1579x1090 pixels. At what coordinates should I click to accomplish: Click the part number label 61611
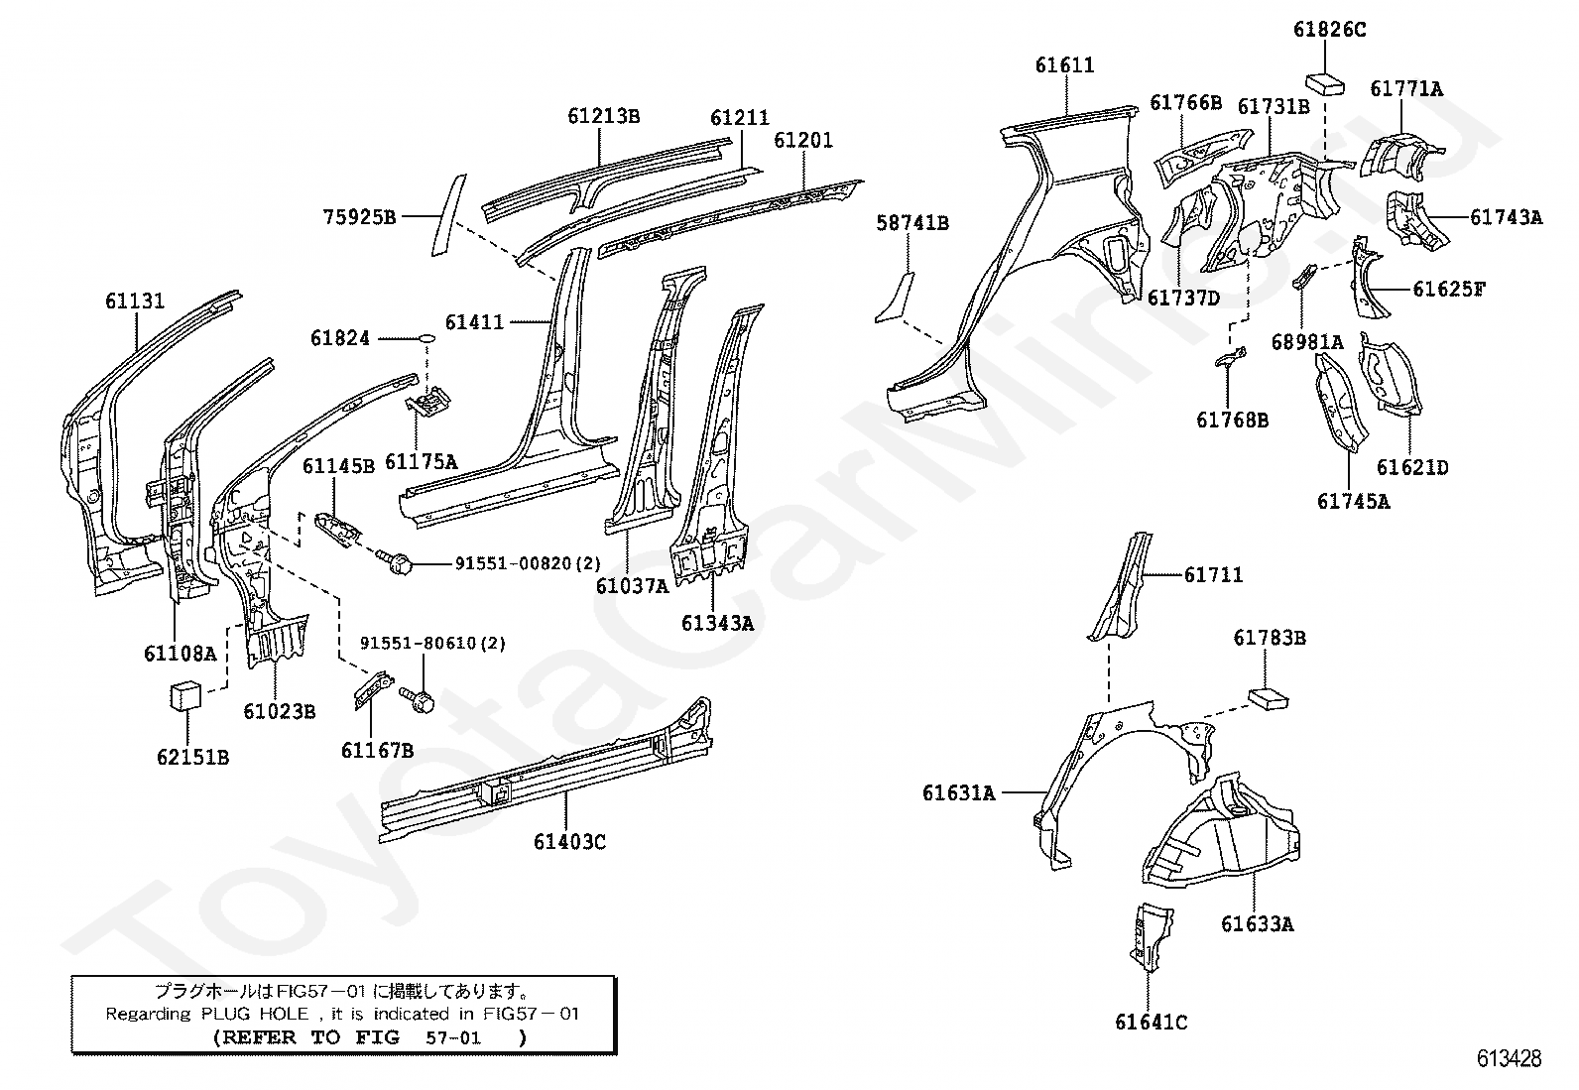tap(1064, 65)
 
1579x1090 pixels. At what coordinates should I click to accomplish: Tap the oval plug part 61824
tap(425, 339)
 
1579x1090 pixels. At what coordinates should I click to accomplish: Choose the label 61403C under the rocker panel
tap(569, 842)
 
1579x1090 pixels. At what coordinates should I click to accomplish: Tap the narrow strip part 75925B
tap(447, 215)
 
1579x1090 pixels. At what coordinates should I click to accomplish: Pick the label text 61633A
tap(1257, 924)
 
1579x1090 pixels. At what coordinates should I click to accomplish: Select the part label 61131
tap(135, 302)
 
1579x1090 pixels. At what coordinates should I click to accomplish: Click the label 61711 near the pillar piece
tap(1213, 575)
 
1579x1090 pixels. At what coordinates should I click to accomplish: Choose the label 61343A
tap(716, 623)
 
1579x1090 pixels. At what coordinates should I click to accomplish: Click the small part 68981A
tap(1302, 278)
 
